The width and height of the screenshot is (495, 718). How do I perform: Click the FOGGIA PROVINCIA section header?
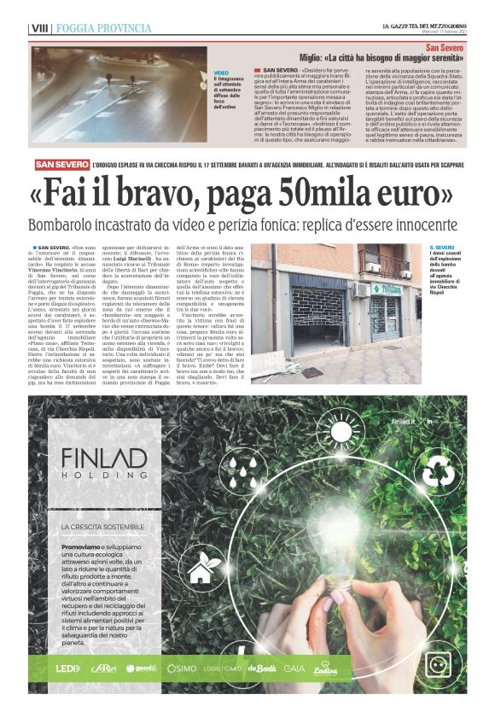(103, 28)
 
